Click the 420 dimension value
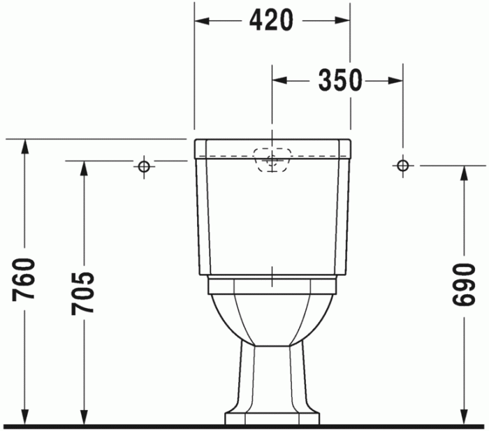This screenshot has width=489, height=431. point(271,21)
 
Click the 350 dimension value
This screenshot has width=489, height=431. point(340,81)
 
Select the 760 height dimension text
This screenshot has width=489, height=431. point(24,279)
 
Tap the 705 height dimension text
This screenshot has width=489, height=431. point(83,292)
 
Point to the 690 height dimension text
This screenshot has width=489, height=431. point(462,285)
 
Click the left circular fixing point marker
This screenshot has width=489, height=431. point(144,166)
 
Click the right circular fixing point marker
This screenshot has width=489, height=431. point(402,166)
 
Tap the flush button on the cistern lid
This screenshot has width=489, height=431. point(272,158)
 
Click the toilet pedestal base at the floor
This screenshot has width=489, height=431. point(272,418)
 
